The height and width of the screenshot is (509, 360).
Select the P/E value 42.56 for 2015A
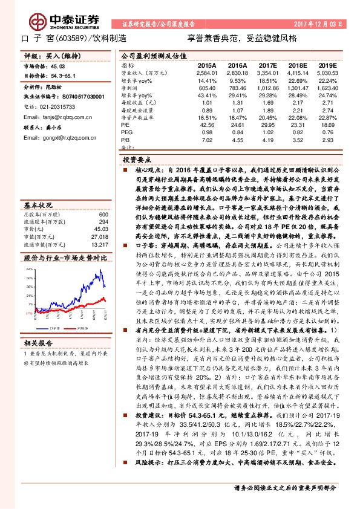(206, 125)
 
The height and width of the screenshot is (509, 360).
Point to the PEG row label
(127, 132)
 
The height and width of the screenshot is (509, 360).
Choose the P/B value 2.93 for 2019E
(328, 140)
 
